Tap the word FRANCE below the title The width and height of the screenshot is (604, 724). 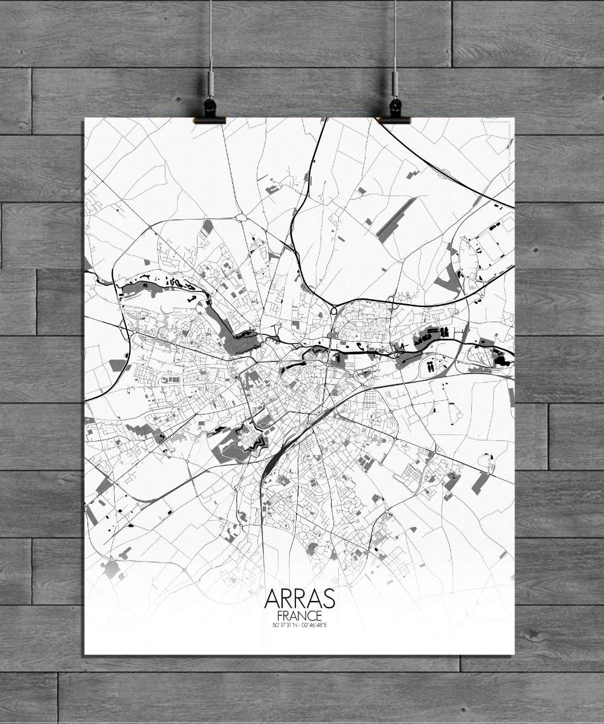[x=300, y=615]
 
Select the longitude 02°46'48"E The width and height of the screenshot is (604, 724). [x=315, y=624]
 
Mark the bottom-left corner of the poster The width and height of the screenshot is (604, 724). [x=85, y=654]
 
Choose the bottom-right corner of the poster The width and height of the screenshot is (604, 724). [x=514, y=654]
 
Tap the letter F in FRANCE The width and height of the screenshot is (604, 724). [x=278, y=615]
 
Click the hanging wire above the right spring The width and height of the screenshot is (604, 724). [x=395, y=36]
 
